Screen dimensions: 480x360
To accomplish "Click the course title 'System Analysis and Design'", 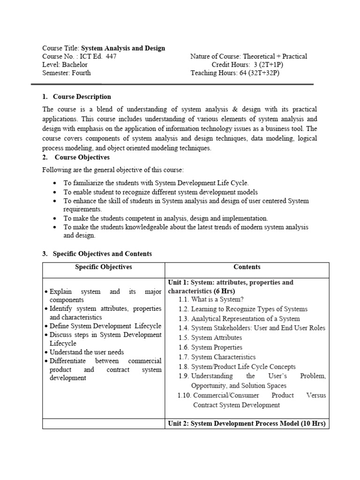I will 123,48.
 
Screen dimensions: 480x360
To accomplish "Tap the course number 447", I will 111,57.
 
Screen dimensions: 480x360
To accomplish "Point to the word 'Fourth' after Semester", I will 82,73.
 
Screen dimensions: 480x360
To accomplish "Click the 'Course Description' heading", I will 82,97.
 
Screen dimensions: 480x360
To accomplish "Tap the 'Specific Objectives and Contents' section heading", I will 102,254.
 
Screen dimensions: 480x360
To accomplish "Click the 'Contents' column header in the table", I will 247,267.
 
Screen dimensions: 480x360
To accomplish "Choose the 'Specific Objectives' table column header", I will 104,267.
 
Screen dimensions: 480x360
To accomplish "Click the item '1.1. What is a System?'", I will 211,300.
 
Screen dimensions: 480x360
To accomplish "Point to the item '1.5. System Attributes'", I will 210,337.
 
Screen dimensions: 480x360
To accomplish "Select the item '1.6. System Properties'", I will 210,347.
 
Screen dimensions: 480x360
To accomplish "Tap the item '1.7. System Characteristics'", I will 217,357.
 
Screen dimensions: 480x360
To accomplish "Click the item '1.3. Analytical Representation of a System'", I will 239,319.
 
